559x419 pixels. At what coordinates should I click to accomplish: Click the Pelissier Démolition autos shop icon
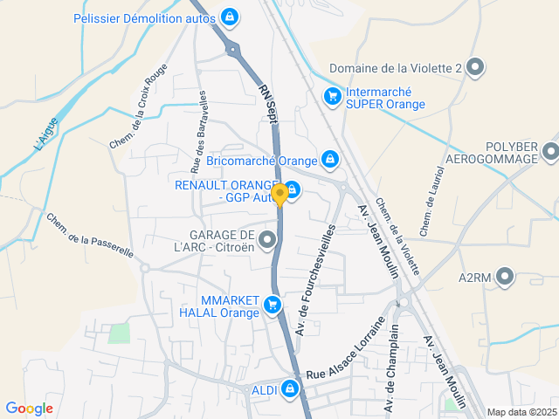point(229,17)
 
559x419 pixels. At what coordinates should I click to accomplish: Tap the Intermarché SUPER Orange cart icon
point(332,96)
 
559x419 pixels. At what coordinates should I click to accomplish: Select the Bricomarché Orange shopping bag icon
point(329,160)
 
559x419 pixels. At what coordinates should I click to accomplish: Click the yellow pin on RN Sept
point(279,194)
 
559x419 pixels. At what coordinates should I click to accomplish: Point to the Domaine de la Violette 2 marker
point(475,67)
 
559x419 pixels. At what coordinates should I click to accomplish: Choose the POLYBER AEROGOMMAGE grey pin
point(550,152)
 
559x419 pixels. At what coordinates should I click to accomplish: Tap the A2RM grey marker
point(507,278)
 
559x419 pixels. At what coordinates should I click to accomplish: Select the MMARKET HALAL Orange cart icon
point(273,305)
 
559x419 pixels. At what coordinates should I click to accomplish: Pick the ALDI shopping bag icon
point(290,388)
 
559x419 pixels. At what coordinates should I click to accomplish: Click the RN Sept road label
point(269,103)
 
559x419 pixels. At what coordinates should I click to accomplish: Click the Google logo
point(29,409)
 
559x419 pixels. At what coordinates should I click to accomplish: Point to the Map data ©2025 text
point(521,412)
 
